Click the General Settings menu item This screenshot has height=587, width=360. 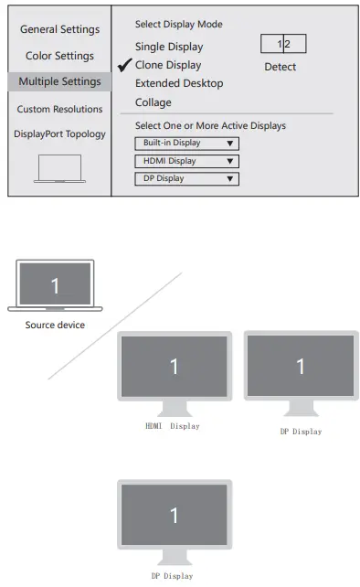[x=59, y=29]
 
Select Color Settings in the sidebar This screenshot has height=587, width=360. [x=59, y=56]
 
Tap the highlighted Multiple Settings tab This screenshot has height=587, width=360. [x=59, y=81]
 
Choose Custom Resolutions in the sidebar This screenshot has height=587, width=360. [x=59, y=109]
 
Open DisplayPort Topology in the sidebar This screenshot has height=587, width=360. [x=59, y=133]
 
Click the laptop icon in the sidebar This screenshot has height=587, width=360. [x=59, y=168]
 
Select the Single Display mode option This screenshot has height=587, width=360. [x=169, y=47]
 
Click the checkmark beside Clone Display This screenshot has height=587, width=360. [x=125, y=65]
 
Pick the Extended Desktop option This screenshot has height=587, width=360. [x=179, y=83]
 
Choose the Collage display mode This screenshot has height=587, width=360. [x=154, y=102]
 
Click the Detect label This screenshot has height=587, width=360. [x=280, y=67]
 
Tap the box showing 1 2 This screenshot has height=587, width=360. [x=283, y=44]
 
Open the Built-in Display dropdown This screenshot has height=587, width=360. [x=186, y=144]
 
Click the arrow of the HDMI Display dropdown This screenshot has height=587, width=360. [x=230, y=161]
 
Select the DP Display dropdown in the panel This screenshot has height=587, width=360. [x=186, y=178]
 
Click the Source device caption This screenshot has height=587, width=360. [x=55, y=325]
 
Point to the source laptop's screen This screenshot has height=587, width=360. [x=55, y=285]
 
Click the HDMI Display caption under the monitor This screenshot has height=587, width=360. [x=172, y=426]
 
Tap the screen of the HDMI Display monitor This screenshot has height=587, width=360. [x=174, y=366]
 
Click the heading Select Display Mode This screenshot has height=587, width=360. [x=178, y=24]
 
